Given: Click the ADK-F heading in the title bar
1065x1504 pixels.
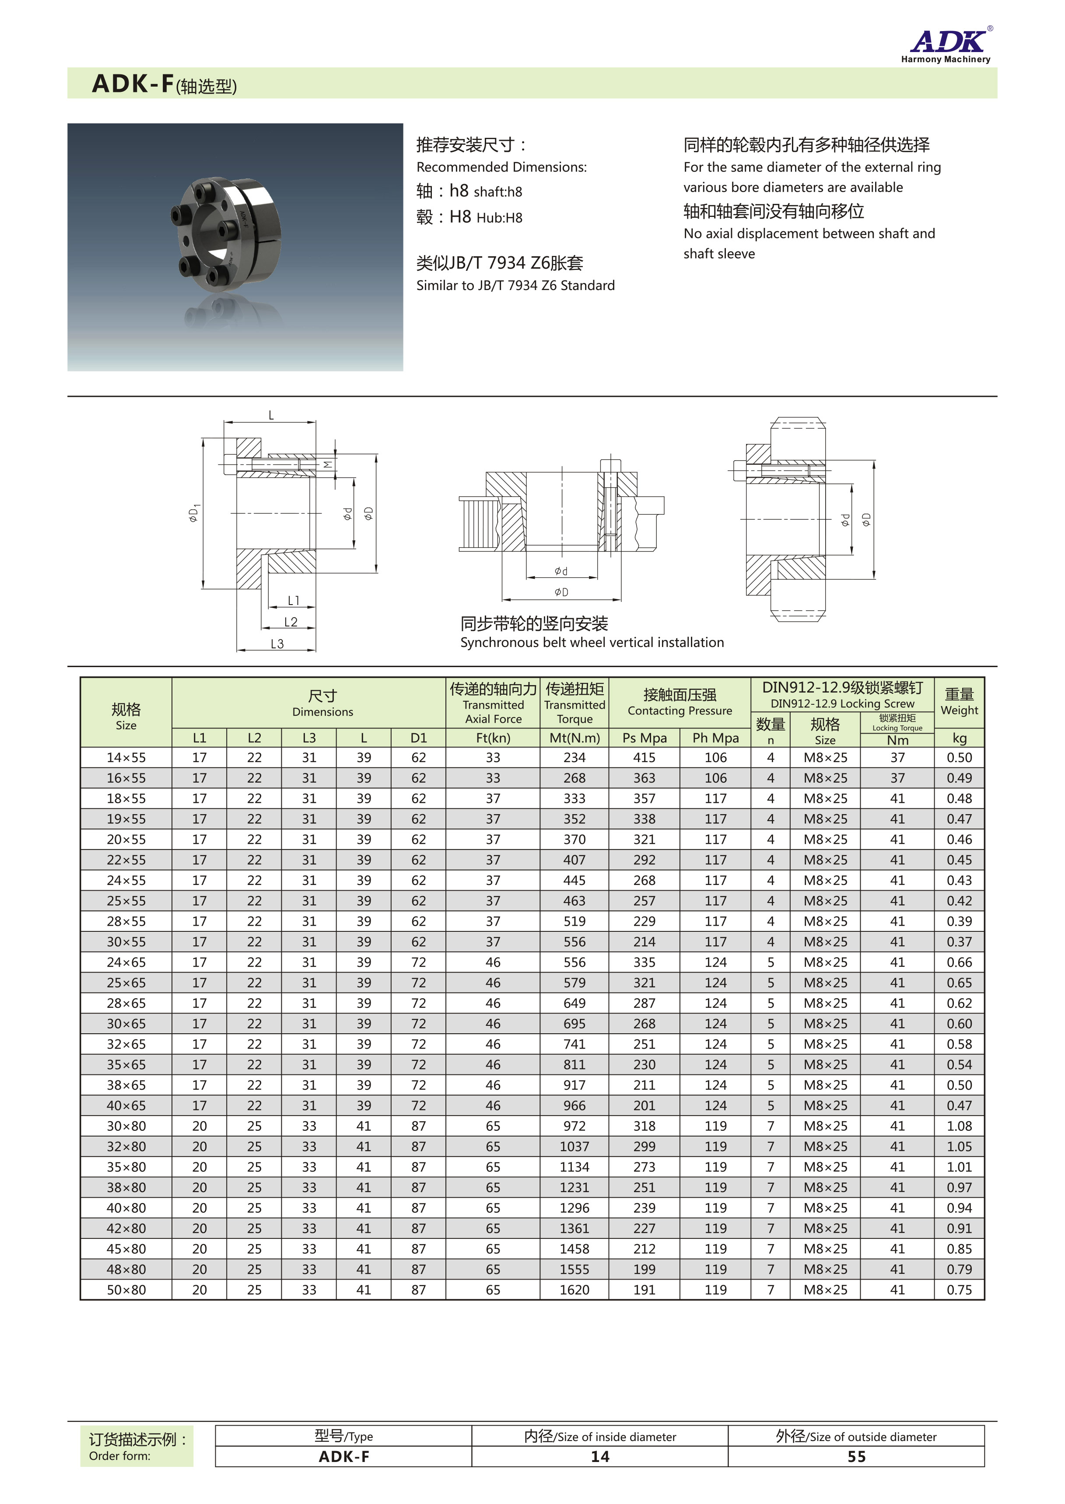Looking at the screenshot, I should (x=133, y=84).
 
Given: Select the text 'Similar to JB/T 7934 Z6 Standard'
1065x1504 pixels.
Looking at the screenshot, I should (x=515, y=285).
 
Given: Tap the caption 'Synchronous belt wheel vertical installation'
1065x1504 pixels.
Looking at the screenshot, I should (x=592, y=643).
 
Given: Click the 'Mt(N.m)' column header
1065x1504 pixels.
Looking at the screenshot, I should (x=575, y=738).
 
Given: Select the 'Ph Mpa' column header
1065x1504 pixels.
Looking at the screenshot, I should (x=715, y=738).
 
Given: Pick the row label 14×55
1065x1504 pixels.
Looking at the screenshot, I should (x=126, y=758).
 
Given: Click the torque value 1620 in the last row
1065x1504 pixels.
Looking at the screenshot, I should (x=575, y=1290).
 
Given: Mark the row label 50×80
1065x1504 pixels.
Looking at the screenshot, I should (x=126, y=1290).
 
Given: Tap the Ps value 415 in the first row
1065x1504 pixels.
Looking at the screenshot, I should (x=644, y=758).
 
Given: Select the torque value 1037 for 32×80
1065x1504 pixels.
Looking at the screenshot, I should (x=575, y=1147).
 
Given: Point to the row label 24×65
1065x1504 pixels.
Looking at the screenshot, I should (x=126, y=962).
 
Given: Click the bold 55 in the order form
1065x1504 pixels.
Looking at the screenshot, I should (x=856, y=1457).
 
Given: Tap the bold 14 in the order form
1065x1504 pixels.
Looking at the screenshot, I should (x=599, y=1457).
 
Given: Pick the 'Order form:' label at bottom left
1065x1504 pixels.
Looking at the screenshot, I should (x=120, y=1456).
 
